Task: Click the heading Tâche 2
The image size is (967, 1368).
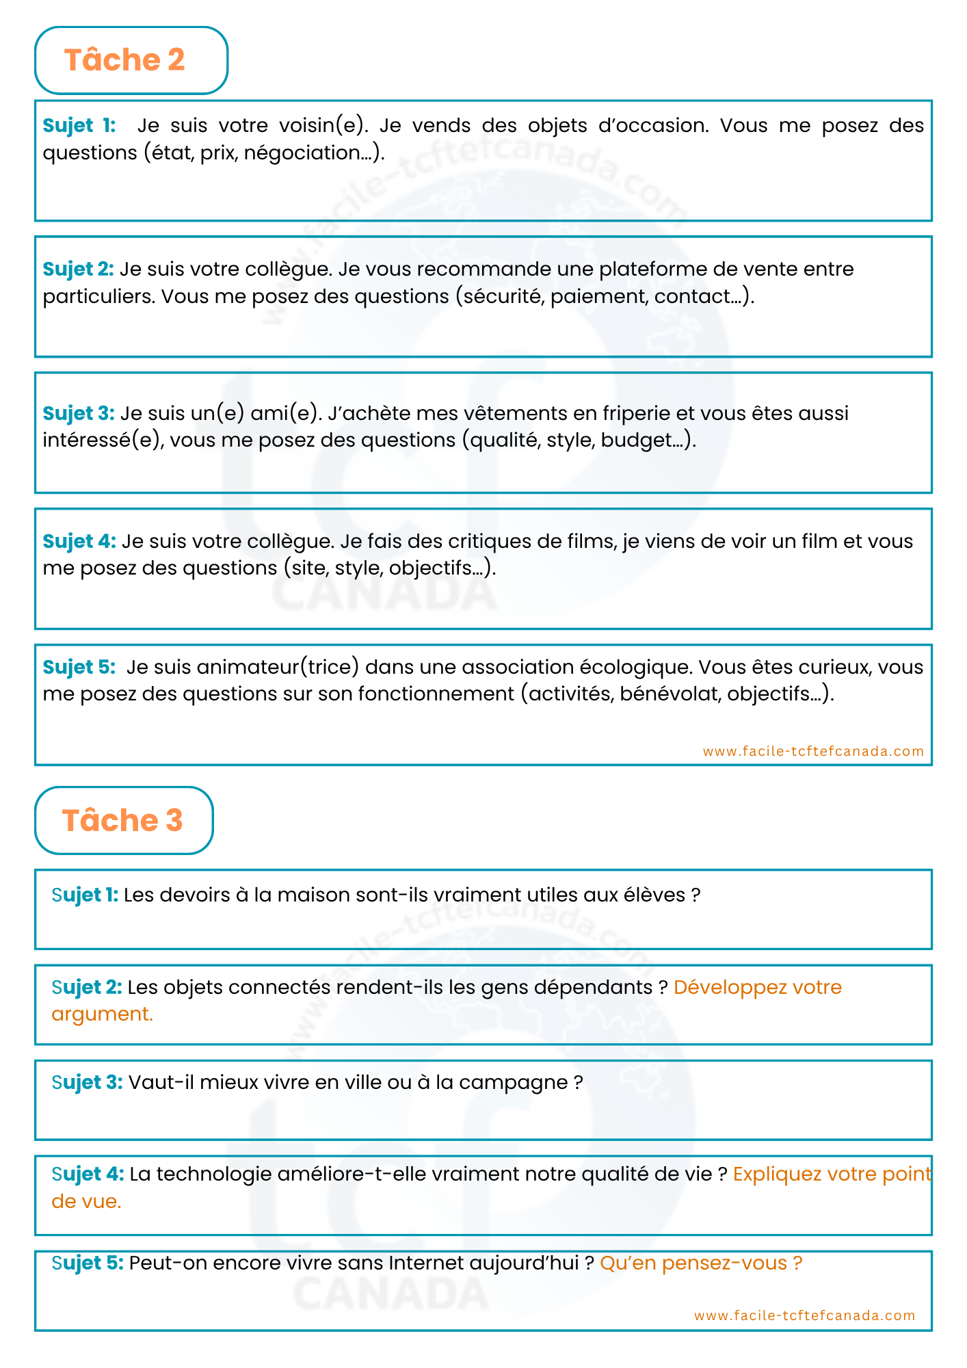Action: tap(124, 60)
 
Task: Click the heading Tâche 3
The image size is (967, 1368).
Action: tap(122, 820)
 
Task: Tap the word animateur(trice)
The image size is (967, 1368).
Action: tap(278, 667)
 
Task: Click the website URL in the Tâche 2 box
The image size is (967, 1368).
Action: tap(813, 751)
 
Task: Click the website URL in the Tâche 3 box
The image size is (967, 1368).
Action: tap(804, 1315)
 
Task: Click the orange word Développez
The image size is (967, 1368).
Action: tap(729, 988)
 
